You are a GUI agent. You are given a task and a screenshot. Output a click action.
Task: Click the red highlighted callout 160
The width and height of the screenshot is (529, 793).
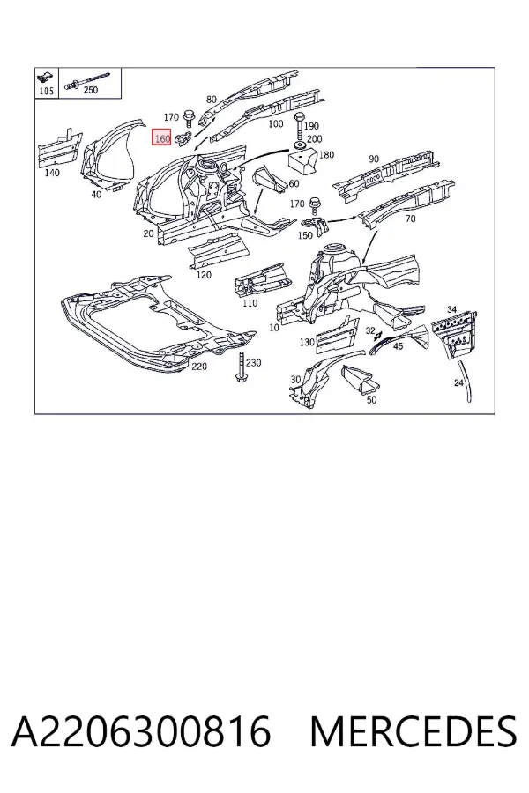[162, 137]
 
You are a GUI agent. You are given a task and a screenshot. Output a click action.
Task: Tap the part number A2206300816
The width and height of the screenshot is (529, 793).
[141, 731]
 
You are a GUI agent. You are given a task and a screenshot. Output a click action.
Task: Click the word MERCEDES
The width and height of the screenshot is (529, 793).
[414, 731]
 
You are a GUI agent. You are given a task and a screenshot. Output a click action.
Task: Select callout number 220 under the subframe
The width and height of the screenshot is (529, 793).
[199, 366]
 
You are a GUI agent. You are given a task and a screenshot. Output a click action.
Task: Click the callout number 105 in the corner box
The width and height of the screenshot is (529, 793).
[46, 91]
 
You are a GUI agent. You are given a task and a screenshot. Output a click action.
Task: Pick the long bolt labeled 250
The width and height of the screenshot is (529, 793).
[86, 82]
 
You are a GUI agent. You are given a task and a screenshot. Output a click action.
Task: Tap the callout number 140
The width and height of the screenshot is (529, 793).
[52, 173]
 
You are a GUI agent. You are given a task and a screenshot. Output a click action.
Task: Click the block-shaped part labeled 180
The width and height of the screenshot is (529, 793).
[302, 159]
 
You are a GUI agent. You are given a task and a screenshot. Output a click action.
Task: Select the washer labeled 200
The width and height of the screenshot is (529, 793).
[299, 146]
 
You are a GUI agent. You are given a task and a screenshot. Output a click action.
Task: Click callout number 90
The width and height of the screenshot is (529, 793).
[374, 159]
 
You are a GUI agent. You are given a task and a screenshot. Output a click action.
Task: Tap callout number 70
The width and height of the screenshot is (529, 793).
[410, 219]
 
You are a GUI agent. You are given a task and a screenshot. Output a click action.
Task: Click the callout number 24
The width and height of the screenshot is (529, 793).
[458, 382]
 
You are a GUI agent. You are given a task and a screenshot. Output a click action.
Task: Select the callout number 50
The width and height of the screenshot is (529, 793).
[371, 400]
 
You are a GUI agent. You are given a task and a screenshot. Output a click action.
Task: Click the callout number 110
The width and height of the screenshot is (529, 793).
[250, 303]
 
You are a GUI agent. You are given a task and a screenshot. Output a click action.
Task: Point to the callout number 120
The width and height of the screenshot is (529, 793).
[204, 275]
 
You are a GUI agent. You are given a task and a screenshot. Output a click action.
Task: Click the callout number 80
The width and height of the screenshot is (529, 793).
[212, 100]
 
